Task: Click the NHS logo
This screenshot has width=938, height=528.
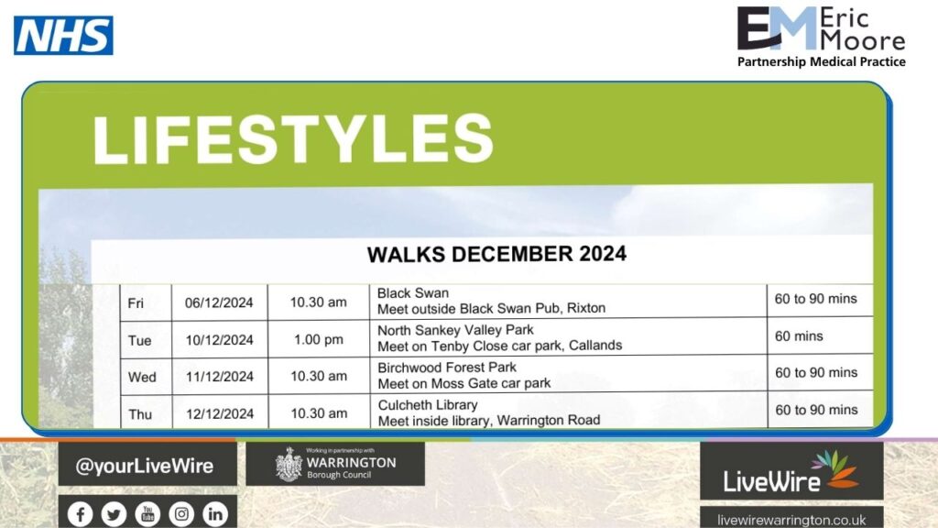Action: [x=63, y=36]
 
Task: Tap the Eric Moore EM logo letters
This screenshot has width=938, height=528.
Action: [x=777, y=28]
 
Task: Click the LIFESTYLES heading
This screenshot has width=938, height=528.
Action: [x=293, y=139]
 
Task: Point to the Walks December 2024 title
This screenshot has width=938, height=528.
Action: [x=496, y=255]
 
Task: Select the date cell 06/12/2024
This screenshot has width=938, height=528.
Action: [x=219, y=302]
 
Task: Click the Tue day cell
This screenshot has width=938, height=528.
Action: [x=139, y=341]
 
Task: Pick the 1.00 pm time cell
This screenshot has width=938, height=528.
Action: [x=318, y=340]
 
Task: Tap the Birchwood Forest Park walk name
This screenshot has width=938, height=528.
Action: [x=447, y=368]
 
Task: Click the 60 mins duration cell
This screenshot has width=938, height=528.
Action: [x=799, y=336]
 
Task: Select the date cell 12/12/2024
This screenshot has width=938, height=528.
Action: [x=220, y=414]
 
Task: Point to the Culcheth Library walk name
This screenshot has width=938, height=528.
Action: [x=428, y=405]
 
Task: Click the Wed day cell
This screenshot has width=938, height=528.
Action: [x=142, y=378]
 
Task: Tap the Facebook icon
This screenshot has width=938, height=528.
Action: [x=81, y=513]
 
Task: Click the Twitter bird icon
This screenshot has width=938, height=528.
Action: [x=114, y=513]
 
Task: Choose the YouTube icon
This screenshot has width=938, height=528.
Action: [x=147, y=513]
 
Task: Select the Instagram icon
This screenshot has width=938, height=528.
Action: [x=181, y=513]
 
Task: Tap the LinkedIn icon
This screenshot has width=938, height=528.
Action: [x=215, y=513]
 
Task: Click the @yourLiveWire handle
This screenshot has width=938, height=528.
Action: [x=144, y=466]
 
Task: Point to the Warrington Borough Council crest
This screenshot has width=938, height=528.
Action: [x=289, y=464]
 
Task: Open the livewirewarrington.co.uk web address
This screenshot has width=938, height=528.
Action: [x=791, y=521]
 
